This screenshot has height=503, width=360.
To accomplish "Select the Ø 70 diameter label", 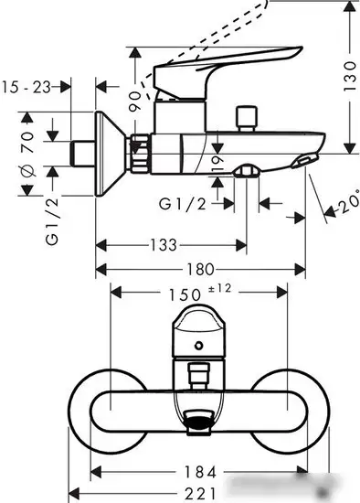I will tap(26, 151).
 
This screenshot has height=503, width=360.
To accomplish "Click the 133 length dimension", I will tap(164, 246).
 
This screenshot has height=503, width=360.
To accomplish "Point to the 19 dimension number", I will tap(215, 163).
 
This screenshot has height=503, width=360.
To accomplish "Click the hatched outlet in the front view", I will tap(198, 421).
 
